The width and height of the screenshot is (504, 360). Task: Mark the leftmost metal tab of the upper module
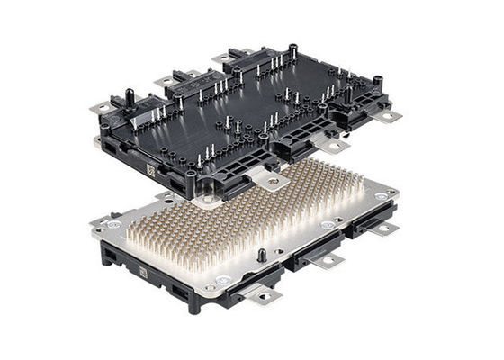102,110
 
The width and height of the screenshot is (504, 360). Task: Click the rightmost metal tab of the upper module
388,115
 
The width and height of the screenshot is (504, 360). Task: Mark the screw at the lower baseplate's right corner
382,194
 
